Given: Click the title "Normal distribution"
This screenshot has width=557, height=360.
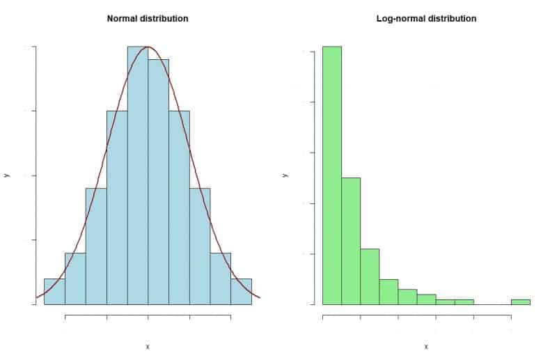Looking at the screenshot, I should [x=147, y=19].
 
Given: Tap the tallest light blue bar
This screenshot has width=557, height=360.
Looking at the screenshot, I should [x=137, y=174].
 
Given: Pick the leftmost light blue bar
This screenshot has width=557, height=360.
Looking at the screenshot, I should [x=54, y=292].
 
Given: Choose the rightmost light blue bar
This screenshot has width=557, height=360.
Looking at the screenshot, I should [x=241, y=292].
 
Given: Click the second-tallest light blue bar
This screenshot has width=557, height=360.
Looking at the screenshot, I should [x=158, y=181].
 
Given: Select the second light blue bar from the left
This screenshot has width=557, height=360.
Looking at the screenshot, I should [x=75, y=279].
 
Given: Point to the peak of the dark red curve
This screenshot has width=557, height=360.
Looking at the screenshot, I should [x=148, y=47].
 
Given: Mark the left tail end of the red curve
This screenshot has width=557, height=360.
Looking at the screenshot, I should [x=37, y=297].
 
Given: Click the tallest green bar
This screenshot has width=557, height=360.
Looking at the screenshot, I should [x=332, y=174].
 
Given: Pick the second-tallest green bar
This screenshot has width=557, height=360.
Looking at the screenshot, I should [x=351, y=240].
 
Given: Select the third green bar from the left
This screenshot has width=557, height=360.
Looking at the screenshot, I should [x=370, y=276].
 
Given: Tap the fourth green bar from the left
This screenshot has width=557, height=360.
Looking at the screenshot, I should [x=389, y=292].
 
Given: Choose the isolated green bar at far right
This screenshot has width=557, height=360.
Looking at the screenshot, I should [x=520, y=302].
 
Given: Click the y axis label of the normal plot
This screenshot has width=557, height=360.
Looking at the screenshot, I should [x=6, y=175].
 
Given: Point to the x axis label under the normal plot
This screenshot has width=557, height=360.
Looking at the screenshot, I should [x=148, y=346].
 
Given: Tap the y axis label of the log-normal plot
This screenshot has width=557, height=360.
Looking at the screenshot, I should [x=285, y=175].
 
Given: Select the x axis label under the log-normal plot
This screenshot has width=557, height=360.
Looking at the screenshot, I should [x=426, y=346].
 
